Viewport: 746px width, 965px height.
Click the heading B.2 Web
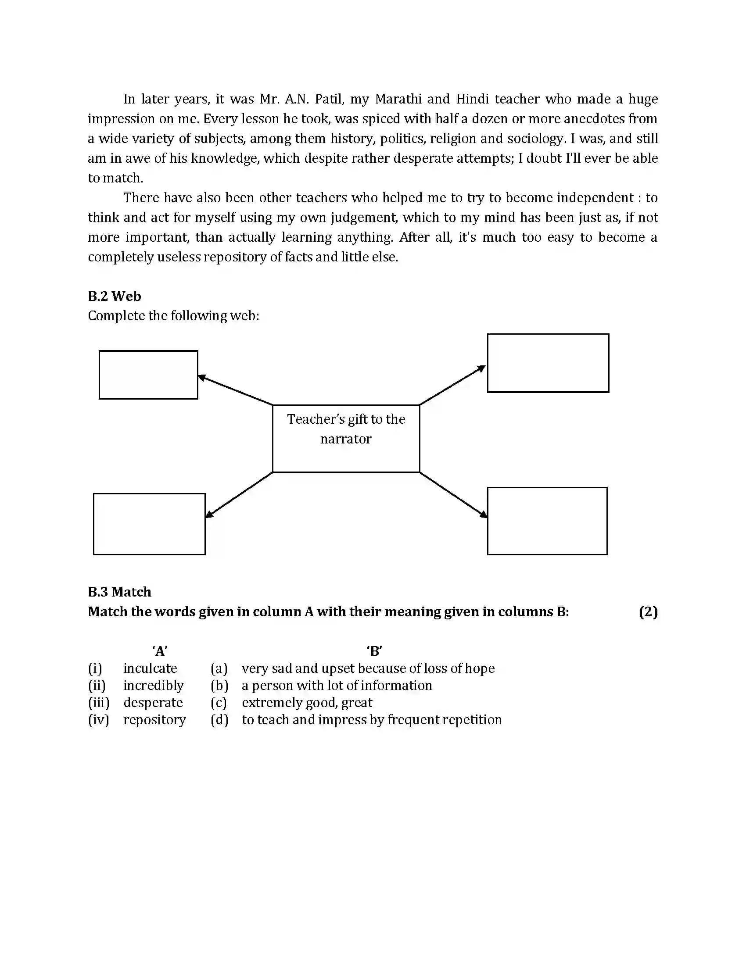click(x=115, y=296)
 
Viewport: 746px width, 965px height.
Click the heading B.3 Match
click(x=119, y=592)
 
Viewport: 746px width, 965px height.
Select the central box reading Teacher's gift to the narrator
click(x=346, y=438)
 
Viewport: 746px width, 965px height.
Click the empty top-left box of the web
click(x=148, y=375)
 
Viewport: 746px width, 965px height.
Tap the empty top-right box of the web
click(x=548, y=363)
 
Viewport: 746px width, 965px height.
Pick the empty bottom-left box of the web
click(x=149, y=524)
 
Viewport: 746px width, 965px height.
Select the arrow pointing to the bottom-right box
click(x=453, y=494)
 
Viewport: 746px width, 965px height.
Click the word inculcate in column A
click(x=150, y=668)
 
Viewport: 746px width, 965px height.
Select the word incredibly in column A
click(x=153, y=685)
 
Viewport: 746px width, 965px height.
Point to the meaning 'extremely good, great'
click(x=307, y=703)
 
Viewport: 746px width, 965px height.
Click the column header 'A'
click(x=160, y=651)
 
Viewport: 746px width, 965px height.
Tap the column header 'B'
click(x=374, y=651)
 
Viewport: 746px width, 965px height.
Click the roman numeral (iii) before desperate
click(x=99, y=703)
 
